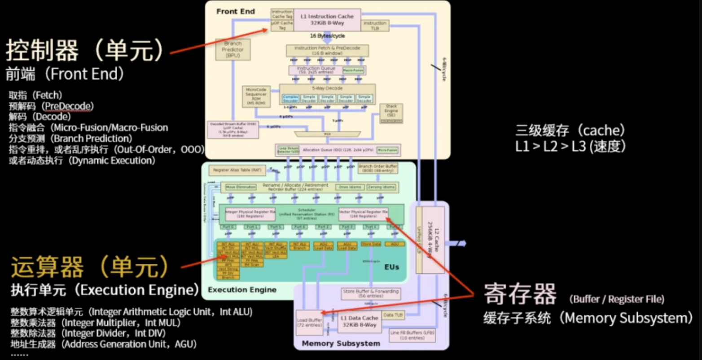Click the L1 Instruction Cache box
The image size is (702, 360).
coord(327,19)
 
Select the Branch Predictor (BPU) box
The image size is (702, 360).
coord(233,50)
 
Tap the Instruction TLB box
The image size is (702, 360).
coord(375,25)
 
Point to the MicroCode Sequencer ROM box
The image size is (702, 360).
coord(256,97)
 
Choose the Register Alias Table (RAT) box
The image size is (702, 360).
coord(237,171)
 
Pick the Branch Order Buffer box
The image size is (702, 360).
coord(378,169)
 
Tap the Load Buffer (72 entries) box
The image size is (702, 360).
coord(309,323)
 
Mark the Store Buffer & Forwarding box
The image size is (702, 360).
coord(371,294)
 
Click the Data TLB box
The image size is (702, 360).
coord(394,315)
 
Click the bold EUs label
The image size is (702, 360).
coord(391,267)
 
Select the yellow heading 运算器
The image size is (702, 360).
coord(48,267)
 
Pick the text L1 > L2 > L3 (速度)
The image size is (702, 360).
coord(570,146)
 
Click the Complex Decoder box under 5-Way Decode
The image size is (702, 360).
coord(290,98)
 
